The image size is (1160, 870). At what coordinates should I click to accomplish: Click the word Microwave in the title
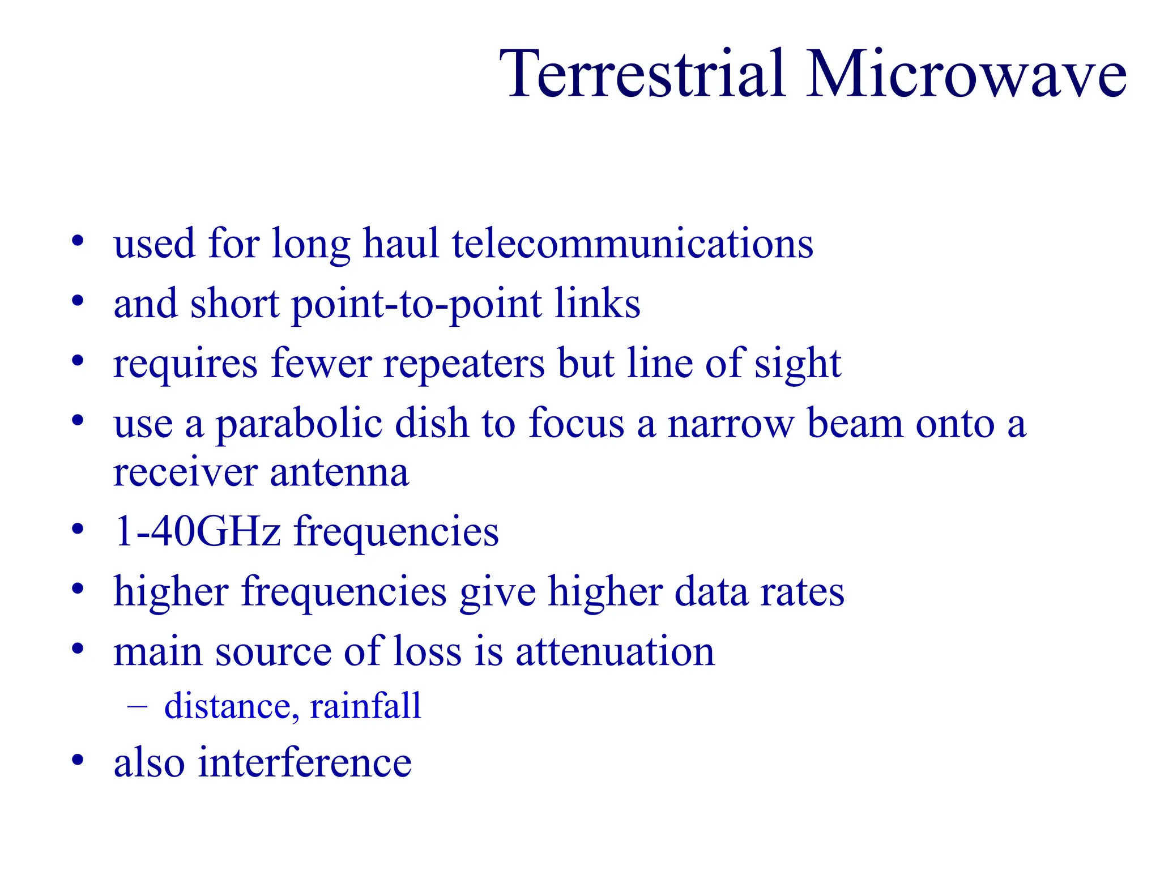click(x=966, y=74)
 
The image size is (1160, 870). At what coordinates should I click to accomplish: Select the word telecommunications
click(x=632, y=244)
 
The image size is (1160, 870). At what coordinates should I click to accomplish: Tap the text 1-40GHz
click(x=197, y=531)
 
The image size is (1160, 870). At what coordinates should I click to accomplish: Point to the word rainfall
click(x=365, y=706)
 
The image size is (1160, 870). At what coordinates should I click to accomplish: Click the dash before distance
click(x=138, y=706)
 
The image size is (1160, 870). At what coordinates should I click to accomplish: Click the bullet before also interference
click(x=78, y=760)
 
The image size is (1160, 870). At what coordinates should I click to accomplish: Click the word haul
click(x=400, y=244)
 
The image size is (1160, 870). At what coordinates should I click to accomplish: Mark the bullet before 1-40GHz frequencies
click(x=78, y=530)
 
